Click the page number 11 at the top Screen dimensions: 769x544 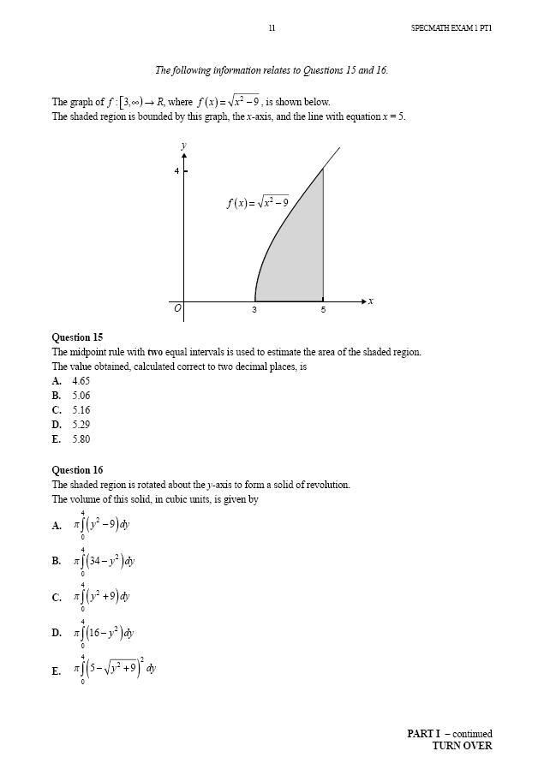click(272, 28)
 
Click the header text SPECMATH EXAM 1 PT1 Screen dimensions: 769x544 click(451, 28)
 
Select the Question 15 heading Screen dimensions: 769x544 click(77, 337)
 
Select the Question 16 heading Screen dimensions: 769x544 click(77, 470)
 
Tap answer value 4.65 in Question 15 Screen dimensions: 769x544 click(81, 381)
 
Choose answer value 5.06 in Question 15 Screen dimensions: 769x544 click(81, 396)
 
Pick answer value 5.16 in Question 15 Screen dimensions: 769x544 click(81, 410)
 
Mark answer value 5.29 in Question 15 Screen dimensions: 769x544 click(81, 425)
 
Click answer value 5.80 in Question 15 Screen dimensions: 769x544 click(81, 439)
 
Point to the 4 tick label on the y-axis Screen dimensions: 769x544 click(176, 171)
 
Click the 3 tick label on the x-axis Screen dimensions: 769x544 click(254, 310)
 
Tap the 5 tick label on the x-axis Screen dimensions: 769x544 click(323, 310)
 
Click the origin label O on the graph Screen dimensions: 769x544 click(177, 308)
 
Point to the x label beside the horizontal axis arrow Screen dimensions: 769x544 click(370, 301)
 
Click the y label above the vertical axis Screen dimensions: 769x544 click(183, 146)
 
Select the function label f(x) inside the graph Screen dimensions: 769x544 click(258, 203)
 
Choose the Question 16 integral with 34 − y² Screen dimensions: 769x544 click(105, 562)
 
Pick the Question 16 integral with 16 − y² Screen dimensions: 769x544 click(105, 634)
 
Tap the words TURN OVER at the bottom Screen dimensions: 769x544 click(462, 746)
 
